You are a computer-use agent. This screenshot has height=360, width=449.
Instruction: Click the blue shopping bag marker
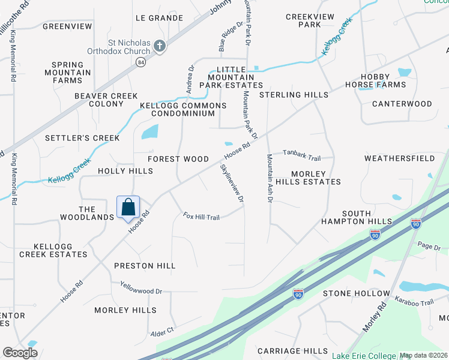tap(128, 208)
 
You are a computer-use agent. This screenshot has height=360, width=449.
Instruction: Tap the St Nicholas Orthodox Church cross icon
tap(159, 46)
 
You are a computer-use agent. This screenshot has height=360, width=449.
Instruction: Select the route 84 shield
tap(140, 63)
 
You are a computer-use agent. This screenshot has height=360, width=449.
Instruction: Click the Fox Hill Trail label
tap(201, 216)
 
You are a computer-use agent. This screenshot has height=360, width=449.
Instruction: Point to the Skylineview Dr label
tap(232, 182)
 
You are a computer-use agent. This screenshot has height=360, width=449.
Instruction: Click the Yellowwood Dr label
tap(141, 291)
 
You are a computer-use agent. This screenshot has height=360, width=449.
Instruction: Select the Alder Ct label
tap(162, 330)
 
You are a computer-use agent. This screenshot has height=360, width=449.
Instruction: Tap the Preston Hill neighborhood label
tap(145, 266)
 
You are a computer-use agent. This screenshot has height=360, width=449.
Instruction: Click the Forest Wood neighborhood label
tap(178, 159)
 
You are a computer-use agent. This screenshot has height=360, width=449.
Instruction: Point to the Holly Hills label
tap(125, 171)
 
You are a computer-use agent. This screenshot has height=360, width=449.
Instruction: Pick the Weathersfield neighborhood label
tap(399, 158)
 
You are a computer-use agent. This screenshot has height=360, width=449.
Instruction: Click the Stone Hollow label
tap(352, 293)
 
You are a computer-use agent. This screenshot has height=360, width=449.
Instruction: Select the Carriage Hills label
tap(292, 351)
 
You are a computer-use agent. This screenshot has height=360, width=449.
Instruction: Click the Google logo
tap(20, 353)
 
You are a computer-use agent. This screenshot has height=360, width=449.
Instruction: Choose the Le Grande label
tap(159, 18)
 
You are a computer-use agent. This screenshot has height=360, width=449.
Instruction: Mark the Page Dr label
tap(429, 247)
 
